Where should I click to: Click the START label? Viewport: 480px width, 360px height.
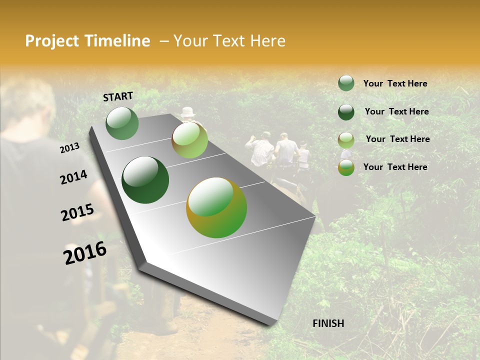click(x=118, y=96)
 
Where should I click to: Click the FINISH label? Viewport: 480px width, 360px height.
click(x=328, y=323)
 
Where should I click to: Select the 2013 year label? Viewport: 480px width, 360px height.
click(x=70, y=147)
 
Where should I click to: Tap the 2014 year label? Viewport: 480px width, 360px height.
click(x=73, y=177)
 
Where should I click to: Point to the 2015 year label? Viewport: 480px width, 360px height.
click(x=77, y=212)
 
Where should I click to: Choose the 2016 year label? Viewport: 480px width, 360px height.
click(x=85, y=252)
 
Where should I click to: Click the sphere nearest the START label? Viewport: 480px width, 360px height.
click(x=122, y=123)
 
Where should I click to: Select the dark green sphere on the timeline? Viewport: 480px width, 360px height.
click(x=145, y=180)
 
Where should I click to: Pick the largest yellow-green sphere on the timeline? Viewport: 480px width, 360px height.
click(x=216, y=207)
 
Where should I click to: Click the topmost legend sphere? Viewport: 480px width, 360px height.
click(x=346, y=83)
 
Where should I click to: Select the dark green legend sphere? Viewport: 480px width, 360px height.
click(x=346, y=112)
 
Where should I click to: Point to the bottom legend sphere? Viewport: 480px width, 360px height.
click(x=346, y=167)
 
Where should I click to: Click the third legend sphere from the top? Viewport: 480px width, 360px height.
click(x=346, y=140)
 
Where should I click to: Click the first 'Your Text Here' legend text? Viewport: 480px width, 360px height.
click(x=395, y=83)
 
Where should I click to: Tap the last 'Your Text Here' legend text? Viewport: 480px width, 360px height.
click(x=395, y=167)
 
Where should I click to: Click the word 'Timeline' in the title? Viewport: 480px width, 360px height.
click(x=118, y=41)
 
